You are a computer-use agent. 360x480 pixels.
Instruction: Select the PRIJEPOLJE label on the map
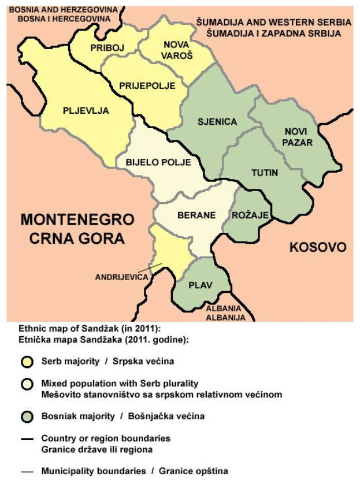coord(147,85)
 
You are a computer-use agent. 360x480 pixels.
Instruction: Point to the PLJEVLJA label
coord(86,111)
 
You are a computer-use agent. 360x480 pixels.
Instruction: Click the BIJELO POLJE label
coord(158,162)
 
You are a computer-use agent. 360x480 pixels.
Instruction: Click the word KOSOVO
coord(318,247)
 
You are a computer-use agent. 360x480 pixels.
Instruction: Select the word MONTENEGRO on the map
coord(77,220)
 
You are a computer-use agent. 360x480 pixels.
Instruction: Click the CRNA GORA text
coord(72,238)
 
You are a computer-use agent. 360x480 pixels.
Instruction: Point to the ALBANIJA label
coord(226,318)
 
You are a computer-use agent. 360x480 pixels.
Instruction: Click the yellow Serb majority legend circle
coord(26,362)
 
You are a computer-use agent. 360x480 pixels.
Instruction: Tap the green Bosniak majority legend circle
coord(26,416)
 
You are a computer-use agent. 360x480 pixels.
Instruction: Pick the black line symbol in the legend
coord(27,440)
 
